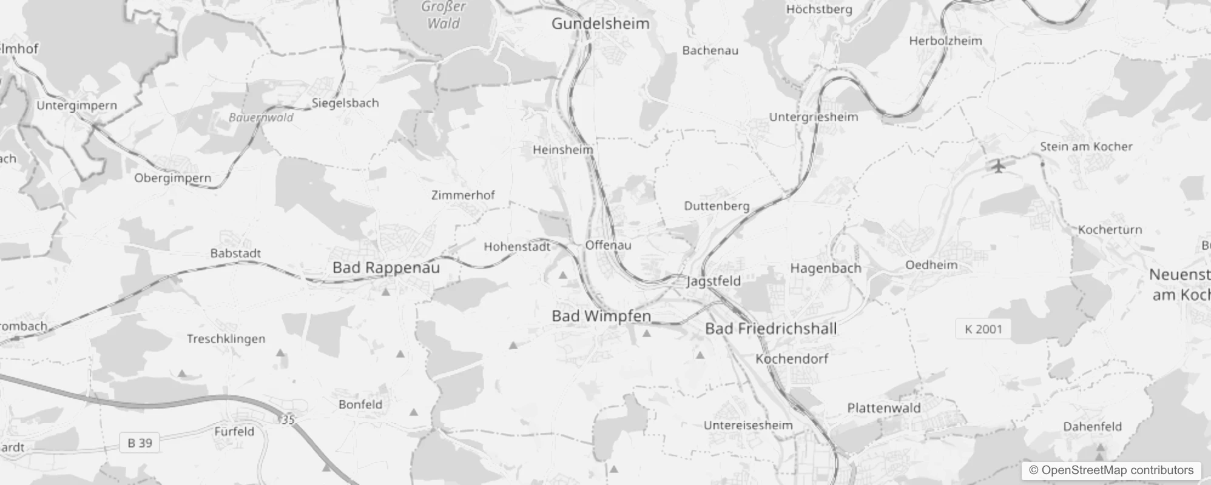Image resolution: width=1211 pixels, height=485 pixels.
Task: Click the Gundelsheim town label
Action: coord(600,24)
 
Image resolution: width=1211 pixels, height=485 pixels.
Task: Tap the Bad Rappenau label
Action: coord(386,268)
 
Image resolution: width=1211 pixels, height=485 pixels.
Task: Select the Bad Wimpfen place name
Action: coord(601,316)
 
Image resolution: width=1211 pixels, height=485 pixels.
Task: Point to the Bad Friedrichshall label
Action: coord(771,329)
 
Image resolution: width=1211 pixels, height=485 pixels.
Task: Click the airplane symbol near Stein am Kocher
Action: coord(999,166)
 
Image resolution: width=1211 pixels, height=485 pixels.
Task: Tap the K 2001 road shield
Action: coord(983,329)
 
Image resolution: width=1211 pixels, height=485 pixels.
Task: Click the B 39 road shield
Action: coord(140,443)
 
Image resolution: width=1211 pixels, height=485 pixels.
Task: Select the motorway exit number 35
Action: coord(288,420)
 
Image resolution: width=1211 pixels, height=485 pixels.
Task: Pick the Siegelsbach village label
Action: coord(345,103)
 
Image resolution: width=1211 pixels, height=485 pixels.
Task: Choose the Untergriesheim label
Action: coord(814,117)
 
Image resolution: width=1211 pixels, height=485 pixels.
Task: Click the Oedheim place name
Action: coord(931,265)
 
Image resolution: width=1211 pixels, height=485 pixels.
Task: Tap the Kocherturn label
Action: coord(1110,230)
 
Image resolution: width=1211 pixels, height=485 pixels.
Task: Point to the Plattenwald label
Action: coord(884,408)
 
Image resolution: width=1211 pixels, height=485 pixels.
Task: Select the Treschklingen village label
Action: coord(226,339)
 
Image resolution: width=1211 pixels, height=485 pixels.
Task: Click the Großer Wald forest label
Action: coord(444,15)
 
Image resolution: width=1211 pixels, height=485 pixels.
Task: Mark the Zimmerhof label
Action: coord(463,195)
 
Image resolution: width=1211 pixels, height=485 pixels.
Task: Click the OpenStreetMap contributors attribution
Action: coord(1111,470)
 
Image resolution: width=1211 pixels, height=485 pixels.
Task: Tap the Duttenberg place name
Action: coord(717,206)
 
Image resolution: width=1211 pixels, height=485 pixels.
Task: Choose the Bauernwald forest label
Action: coord(261,118)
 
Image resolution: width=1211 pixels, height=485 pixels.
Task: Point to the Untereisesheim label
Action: coord(748,426)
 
